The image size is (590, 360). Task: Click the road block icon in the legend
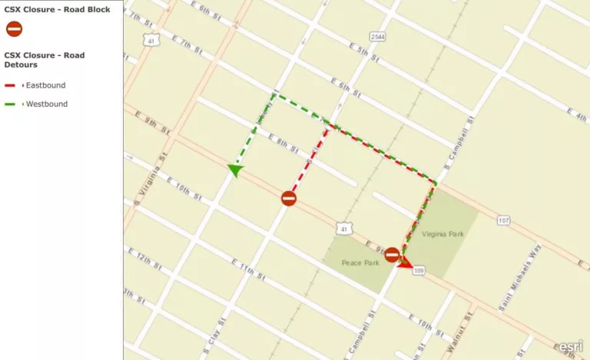[14, 29]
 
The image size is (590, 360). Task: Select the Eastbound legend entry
[42, 85]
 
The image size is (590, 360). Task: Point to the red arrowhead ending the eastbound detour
[406, 263]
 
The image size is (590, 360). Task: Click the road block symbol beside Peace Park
[392, 254]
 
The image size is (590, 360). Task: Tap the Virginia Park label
[443, 233]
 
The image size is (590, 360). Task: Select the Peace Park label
[361, 263]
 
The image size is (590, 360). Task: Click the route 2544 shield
[377, 37]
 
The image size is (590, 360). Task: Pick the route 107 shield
[503, 221]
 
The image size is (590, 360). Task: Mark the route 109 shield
[419, 271]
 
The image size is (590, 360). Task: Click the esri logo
[571, 345]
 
